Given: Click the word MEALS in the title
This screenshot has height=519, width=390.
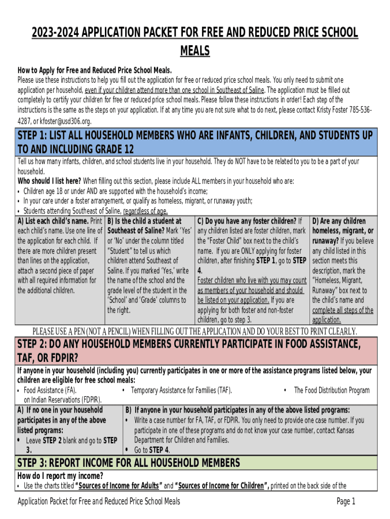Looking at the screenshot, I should click(x=195, y=51).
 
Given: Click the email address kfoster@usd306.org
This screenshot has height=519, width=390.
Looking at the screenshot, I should click(x=65, y=121).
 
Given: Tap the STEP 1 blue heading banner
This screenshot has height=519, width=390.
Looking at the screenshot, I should click(x=195, y=142).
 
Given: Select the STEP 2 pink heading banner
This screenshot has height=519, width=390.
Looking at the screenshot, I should click(x=195, y=351).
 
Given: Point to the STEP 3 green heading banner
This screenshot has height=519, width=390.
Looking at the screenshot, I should click(x=195, y=463).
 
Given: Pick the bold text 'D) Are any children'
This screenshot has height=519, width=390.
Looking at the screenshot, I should click(x=339, y=221).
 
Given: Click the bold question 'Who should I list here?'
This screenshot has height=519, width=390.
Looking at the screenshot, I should click(x=49, y=181).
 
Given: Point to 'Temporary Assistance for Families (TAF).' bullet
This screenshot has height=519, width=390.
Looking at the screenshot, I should click(x=181, y=390).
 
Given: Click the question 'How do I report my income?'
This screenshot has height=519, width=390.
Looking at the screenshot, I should click(x=60, y=475).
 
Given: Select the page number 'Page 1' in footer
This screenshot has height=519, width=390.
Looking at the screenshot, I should click(x=346, y=502).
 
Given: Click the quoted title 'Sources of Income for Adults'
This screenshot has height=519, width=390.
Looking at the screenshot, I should click(x=119, y=486).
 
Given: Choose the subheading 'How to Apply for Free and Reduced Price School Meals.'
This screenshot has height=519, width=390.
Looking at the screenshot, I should click(x=95, y=70).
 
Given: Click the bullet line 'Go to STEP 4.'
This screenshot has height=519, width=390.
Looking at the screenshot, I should click(x=152, y=450).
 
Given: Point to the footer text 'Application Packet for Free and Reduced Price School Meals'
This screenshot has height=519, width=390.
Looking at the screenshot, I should click(x=99, y=502).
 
